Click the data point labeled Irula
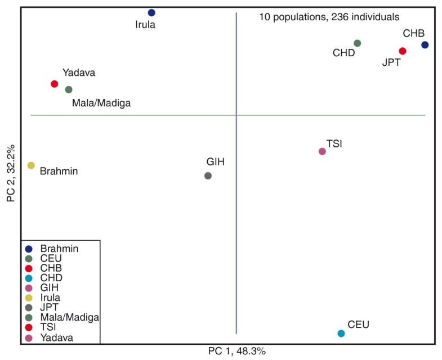pos(151,12)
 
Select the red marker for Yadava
pos(54,84)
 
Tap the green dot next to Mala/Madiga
pos(69,89)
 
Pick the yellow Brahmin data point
pos(31,165)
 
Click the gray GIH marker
pos(208,175)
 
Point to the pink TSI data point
pos(322,151)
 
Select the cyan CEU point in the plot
pos(341,334)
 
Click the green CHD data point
pos(357,43)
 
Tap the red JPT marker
pos(403,51)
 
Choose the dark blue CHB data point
pos(425,44)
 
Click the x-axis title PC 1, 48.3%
pos(236,351)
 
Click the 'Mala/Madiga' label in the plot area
pos(101,103)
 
